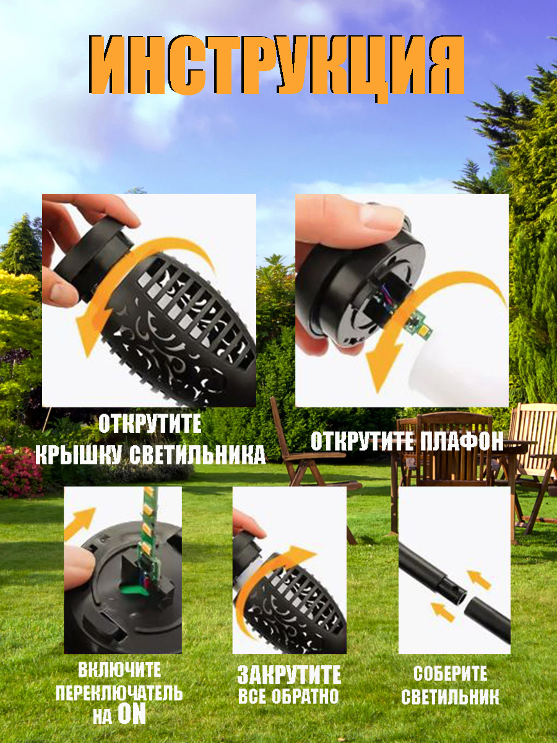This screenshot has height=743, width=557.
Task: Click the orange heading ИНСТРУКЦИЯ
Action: (277, 66)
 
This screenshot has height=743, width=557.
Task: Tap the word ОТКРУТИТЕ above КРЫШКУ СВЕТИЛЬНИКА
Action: (150, 424)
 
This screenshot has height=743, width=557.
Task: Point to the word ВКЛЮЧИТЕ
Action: (119, 669)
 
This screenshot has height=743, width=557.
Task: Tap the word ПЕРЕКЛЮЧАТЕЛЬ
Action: (119, 693)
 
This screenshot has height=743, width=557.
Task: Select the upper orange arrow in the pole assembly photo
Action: (478, 580)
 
